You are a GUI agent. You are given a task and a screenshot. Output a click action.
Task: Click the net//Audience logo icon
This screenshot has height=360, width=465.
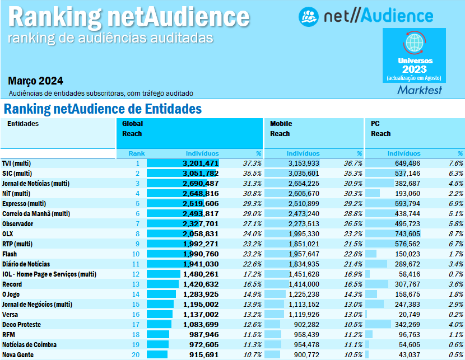point(309,16)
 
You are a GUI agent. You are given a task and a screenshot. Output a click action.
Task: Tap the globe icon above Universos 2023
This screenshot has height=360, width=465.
point(414,43)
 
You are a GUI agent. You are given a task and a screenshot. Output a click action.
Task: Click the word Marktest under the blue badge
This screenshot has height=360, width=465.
point(419,90)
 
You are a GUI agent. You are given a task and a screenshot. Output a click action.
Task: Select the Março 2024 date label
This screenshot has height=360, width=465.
point(36,80)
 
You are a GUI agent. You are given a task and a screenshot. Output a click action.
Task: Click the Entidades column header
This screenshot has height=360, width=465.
point(23,124)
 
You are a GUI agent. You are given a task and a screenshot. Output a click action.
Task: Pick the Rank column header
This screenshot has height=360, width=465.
point(136,153)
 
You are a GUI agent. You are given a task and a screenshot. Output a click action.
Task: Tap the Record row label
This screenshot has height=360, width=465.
point(12,284)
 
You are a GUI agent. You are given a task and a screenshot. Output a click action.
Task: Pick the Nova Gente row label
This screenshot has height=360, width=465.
point(17,354)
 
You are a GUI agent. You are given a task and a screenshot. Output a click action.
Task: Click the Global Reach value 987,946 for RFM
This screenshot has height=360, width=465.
point(203,334)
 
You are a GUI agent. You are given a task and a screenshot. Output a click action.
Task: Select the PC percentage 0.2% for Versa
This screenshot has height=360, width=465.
point(455,314)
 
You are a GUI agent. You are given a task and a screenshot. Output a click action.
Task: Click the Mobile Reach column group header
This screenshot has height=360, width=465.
point(281,129)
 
